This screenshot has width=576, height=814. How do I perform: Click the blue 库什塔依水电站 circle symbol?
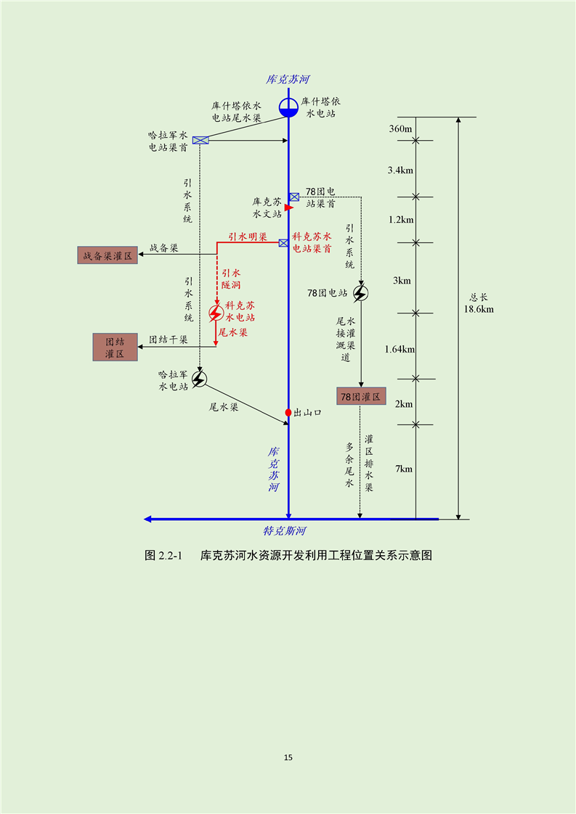pyautogui.click(x=288, y=107)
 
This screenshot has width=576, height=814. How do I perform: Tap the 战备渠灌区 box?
pyautogui.click(x=108, y=255)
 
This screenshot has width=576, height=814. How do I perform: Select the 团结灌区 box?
pyautogui.click(x=115, y=348)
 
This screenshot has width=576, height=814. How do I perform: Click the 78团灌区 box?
pyautogui.click(x=361, y=397)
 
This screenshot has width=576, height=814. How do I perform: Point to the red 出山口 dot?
pyautogui.click(x=288, y=412)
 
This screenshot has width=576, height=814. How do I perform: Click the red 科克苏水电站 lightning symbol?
pyautogui.click(x=215, y=313)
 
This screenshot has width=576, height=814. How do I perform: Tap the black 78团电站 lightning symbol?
pyautogui.click(x=360, y=293)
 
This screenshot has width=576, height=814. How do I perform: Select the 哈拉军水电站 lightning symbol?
pyautogui.click(x=198, y=379)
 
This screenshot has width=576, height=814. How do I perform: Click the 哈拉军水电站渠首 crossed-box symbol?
pyautogui.click(x=200, y=140)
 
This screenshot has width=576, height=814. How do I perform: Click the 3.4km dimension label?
pyautogui.click(x=400, y=170)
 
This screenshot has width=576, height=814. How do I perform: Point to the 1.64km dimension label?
pyautogui.click(x=399, y=350)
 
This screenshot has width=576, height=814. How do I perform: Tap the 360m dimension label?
pyautogui.click(x=400, y=128)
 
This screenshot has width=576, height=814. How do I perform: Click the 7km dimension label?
pyautogui.click(x=404, y=469)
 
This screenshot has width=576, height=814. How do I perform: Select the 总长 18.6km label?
pyautogui.click(x=479, y=303)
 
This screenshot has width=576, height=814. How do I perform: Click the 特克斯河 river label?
pyautogui.click(x=284, y=531)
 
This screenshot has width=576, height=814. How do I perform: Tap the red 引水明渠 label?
pyautogui.click(x=248, y=237)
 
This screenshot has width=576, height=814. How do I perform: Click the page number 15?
pyautogui.click(x=288, y=757)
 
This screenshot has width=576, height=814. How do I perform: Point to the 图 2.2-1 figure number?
pyautogui.click(x=163, y=556)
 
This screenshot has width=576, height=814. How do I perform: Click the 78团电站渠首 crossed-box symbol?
pyautogui.click(x=294, y=197)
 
